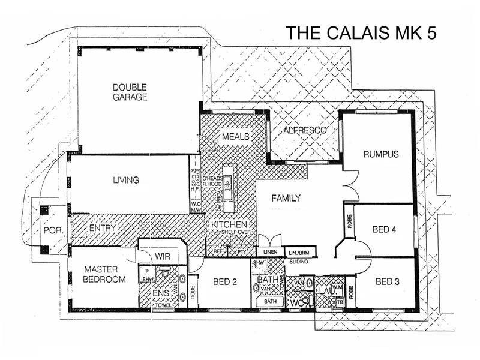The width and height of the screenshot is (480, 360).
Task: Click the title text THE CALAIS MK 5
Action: (359, 34)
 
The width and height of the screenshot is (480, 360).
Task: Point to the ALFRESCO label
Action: (304, 130)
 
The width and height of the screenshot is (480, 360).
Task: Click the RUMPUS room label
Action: (381, 154)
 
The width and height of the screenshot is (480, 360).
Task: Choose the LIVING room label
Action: (126, 179)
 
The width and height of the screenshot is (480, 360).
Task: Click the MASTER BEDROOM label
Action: (104, 275)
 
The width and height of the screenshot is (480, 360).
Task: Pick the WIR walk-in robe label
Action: (163, 256)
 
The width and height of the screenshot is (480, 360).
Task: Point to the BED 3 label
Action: (387, 281)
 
